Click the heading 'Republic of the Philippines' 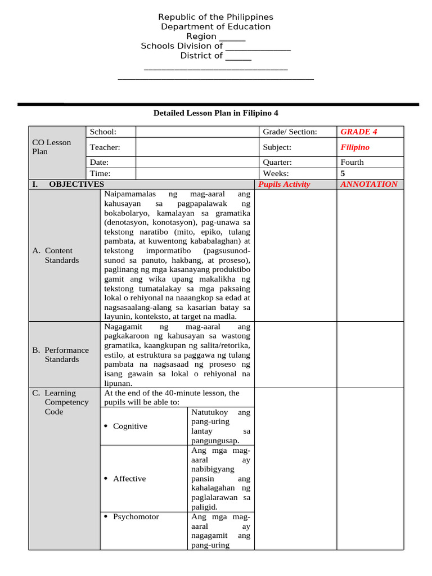click(215, 17)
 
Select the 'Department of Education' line click(215, 27)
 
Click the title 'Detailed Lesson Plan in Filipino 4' click(216, 113)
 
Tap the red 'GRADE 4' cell click(359, 132)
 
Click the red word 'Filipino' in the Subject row click(355, 147)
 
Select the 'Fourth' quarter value click(352, 162)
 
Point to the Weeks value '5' click(343, 174)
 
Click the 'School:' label click(103, 132)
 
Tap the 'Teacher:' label click(105, 147)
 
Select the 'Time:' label click(100, 174)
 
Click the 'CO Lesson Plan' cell click(52, 147)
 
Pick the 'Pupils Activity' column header click(284, 184)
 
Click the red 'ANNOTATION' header click(369, 184)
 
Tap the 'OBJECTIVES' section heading click(76, 184)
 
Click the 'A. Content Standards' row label click(58, 255)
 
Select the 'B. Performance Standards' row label click(61, 354)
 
